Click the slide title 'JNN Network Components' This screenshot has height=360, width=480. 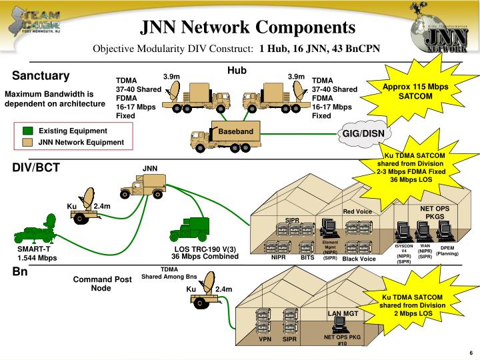(x=247, y=27)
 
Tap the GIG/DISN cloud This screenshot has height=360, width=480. (x=363, y=133)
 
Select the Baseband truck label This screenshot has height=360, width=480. (x=236, y=131)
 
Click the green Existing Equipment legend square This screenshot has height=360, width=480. (x=27, y=131)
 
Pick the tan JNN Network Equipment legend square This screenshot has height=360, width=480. (x=27, y=142)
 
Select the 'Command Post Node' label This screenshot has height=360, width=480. (x=101, y=283)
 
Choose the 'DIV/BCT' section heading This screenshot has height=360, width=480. (x=36, y=167)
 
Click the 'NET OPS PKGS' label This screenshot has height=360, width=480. (x=435, y=212)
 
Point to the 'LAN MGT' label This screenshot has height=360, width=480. (x=343, y=313)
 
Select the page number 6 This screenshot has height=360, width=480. (x=471, y=353)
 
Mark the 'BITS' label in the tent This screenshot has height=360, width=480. (x=307, y=257)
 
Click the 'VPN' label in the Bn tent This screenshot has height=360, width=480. (x=266, y=339)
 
